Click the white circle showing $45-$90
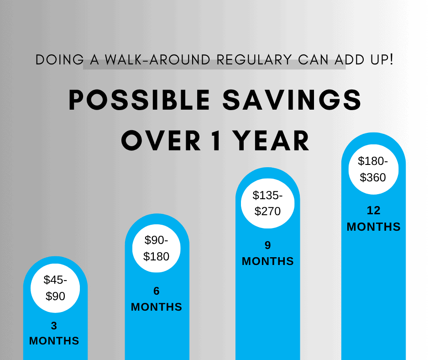tap(55, 288)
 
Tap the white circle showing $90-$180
tap(157, 248)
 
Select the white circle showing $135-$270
tap(267, 203)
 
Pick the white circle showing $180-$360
tap(373, 169)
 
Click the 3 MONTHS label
tap(54, 334)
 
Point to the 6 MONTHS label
tap(157, 299)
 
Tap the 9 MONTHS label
tap(267, 253)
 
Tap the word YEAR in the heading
tap(271, 141)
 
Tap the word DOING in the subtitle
tap(59, 60)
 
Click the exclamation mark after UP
tap(391, 59)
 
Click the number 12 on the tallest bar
tap(373, 211)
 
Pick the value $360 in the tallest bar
tap(373, 177)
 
